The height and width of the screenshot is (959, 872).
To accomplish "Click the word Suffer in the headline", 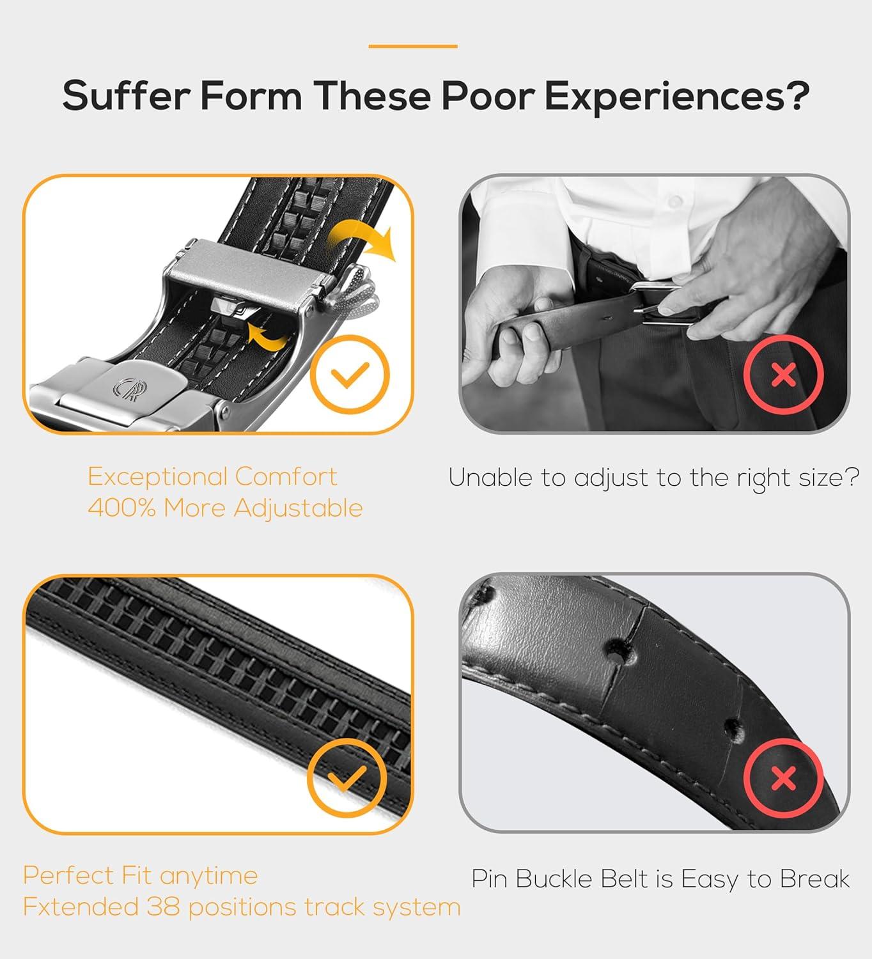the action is pyautogui.click(x=126, y=96).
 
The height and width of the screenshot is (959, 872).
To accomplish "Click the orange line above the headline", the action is pyautogui.click(x=413, y=47).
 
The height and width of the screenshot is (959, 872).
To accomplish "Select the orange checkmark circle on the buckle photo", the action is pyautogui.click(x=350, y=374).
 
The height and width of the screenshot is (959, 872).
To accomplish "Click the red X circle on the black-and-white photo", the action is pyautogui.click(x=784, y=374).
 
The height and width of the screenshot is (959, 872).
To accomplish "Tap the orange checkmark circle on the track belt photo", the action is pyautogui.click(x=346, y=778).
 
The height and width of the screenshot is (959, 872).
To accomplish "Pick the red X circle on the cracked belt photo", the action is pyautogui.click(x=784, y=778).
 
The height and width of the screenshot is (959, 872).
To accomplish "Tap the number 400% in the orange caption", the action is pyautogui.click(x=122, y=508).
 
